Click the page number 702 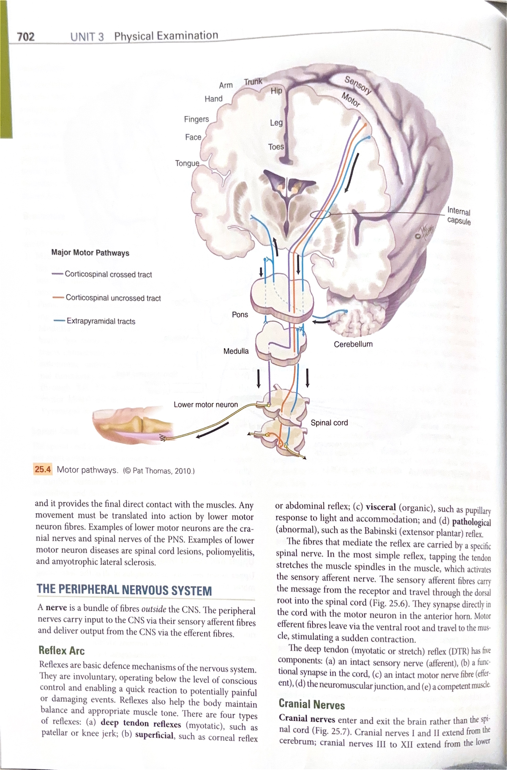pyautogui.click(x=26, y=37)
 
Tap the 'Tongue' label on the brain pyautogui.click(x=187, y=163)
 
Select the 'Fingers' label pyautogui.click(x=196, y=119)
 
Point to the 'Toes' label pyautogui.click(x=276, y=147)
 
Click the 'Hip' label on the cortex pyautogui.click(x=276, y=91)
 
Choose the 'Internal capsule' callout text pyautogui.click(x=459, y=216)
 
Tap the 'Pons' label pyautogui.click(x=240, y=315)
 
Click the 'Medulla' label pyautogui.click(x=236, y=351)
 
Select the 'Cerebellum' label pyautogui.click(x=353, y=344)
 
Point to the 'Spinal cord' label pyautogui.click(x=329, y=422)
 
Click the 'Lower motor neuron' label pyautogui.click(x=206, y=405)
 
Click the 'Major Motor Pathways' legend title pyautogui.click(x=90, y=253)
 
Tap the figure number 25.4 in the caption pyautogui.click(x=43, y=469)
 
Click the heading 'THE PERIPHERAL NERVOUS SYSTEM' pyautogui.click(x=124, y=590)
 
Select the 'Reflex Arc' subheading pyautogui.click(x=61, y=650)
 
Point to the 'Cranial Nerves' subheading pyautogui.click(x=312, y=704)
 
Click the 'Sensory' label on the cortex pyautogui.click(x=358, y=85)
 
